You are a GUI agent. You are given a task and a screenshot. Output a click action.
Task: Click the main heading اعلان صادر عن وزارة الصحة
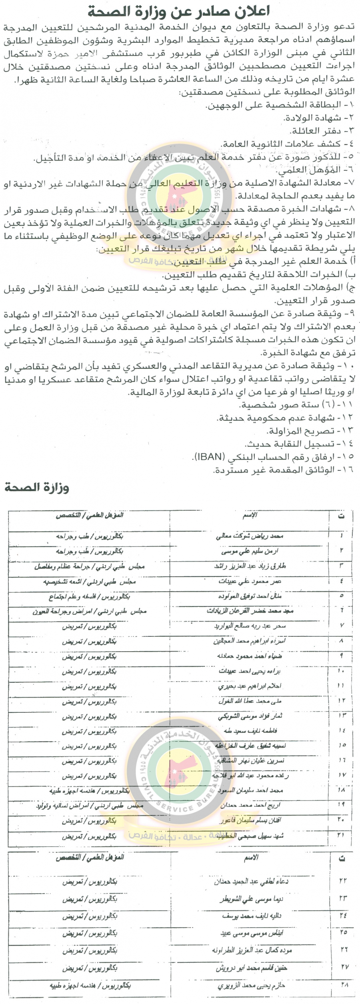180,12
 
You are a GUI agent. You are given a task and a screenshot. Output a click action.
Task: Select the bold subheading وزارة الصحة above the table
37,488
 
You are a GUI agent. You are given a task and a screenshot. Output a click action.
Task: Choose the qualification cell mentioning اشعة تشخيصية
90,582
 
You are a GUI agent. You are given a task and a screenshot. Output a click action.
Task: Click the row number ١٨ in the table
341,791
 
